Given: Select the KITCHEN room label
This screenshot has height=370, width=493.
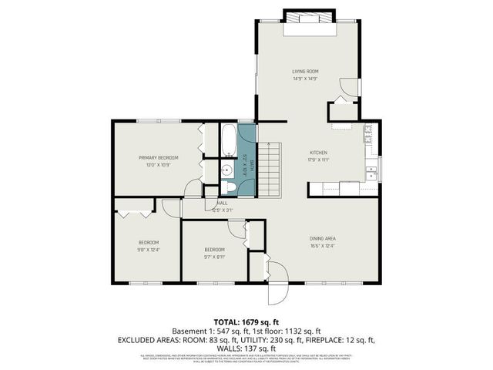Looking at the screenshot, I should coord(319,153).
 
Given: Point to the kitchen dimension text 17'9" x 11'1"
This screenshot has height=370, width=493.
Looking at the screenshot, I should coord(319,160).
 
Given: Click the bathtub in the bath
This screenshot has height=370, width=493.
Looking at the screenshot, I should coord(229,141).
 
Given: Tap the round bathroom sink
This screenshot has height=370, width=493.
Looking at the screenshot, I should coord(228,171).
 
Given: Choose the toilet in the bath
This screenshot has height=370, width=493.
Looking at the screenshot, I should coord(229,187).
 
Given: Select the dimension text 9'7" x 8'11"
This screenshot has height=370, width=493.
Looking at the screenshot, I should coord(214,257).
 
